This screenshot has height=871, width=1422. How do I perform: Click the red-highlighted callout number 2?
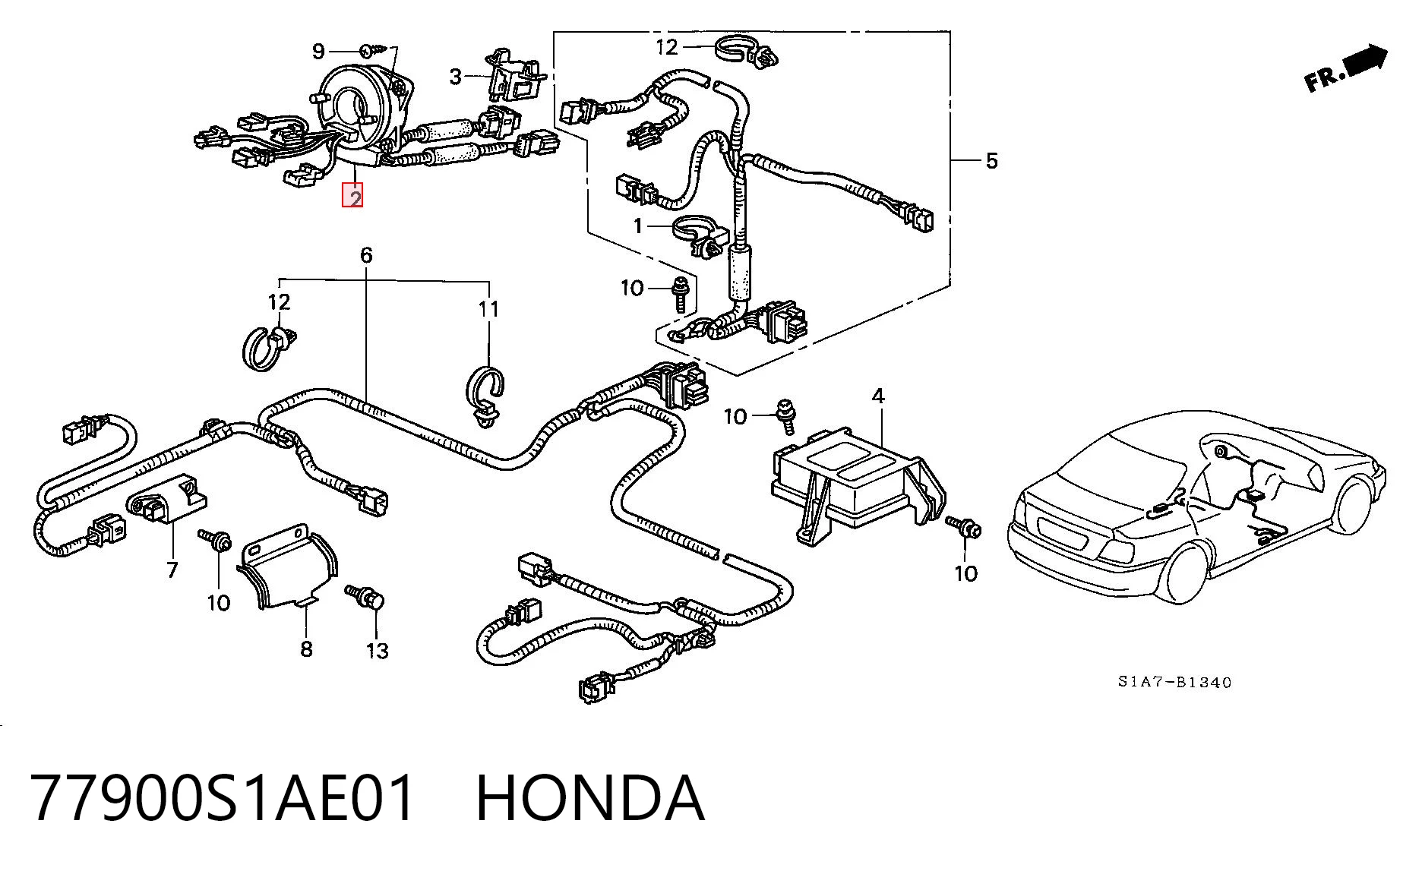point(353,196)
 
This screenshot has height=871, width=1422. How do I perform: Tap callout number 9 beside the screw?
point(319,51)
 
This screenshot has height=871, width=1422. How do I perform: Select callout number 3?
point(456,76)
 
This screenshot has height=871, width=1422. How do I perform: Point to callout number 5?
point(991,160)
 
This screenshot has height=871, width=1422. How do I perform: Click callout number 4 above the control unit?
point(878,396)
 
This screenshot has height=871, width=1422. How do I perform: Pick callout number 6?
point(366,254)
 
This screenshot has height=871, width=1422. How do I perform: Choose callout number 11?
point(489,309)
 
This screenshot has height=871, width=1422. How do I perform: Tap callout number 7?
point(172,569)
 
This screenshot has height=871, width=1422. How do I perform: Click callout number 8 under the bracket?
point(306,649)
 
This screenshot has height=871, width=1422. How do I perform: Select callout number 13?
point(378,651)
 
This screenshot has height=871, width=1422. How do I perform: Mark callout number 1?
point(638,226)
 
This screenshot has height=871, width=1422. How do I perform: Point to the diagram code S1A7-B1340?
point(1174,682)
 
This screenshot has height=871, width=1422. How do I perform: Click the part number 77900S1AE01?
point(224,798)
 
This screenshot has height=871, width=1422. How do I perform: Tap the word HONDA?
point(590,798)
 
